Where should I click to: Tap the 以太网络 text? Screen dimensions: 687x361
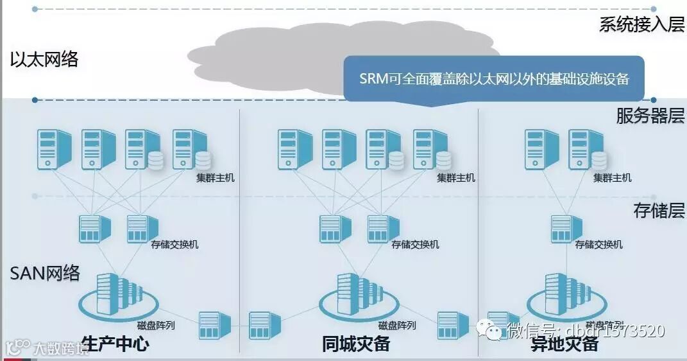44,60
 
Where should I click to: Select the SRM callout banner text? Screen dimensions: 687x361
493,79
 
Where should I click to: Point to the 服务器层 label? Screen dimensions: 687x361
650,116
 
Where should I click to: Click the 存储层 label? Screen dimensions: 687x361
659,211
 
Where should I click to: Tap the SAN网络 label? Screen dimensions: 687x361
45,273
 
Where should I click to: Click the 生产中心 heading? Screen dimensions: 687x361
115,344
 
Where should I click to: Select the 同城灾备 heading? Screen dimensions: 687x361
355,344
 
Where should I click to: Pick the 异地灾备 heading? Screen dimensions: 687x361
564,344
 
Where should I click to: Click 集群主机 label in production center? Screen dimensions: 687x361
215,178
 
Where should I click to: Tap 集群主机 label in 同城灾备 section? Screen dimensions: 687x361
455,178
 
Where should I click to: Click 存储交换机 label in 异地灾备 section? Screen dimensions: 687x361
598,245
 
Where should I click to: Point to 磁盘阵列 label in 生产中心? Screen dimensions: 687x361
156,326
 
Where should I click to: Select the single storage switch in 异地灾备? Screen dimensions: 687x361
566,229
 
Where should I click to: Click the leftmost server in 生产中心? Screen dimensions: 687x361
54,149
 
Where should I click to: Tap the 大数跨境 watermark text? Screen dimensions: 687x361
61,349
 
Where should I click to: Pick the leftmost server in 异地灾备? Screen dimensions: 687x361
541,149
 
